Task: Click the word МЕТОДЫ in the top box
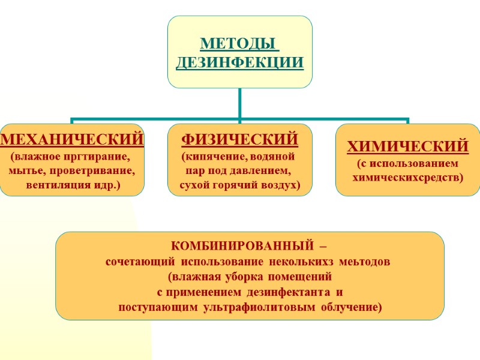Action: coord(239,44)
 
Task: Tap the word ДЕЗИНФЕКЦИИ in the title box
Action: coord(239,62)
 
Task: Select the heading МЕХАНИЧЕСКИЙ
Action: coord(72,140)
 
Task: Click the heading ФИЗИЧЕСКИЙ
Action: coord(240,140)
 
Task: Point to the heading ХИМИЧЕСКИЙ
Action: coord(408,146)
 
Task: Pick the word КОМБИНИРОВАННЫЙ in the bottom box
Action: coord(242,247)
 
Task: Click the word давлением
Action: coord(264,172)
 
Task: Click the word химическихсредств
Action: coord(408,178)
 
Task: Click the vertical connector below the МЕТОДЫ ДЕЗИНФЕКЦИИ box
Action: coord(239,103)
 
